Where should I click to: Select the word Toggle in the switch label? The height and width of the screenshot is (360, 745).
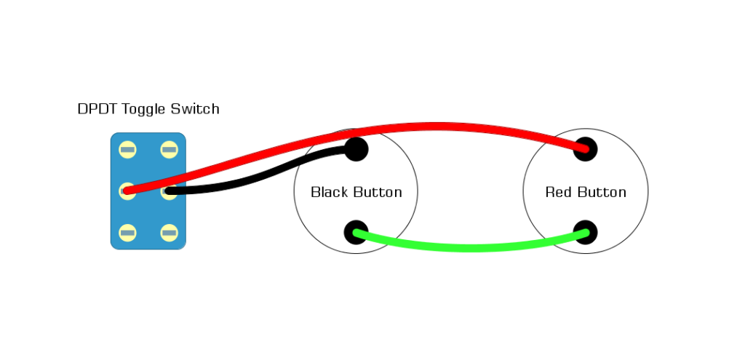point(144,110)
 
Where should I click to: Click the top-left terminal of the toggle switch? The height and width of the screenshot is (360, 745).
point(128,150)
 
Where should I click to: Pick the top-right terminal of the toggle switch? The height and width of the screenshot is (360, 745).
point(170,150)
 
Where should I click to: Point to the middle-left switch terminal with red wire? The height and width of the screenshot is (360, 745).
point(128,191)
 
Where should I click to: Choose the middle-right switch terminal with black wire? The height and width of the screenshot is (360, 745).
point(170,192)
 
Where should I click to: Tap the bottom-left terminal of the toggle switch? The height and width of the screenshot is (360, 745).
point(128,233)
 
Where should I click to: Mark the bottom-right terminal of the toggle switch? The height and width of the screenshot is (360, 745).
point(170,233)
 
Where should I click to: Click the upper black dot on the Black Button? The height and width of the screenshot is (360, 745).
point(356,149)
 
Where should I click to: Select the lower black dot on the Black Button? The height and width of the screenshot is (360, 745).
point(356,233)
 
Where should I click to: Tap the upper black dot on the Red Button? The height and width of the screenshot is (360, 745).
point(586,149)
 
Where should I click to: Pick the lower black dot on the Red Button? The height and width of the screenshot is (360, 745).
point(586,233)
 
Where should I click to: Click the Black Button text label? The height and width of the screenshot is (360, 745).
point(356,193)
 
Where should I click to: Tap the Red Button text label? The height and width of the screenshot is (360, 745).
point(586,193)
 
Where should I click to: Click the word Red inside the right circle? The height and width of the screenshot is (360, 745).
point(558,193)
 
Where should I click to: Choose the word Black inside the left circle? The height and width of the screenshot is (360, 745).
point(330,193)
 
